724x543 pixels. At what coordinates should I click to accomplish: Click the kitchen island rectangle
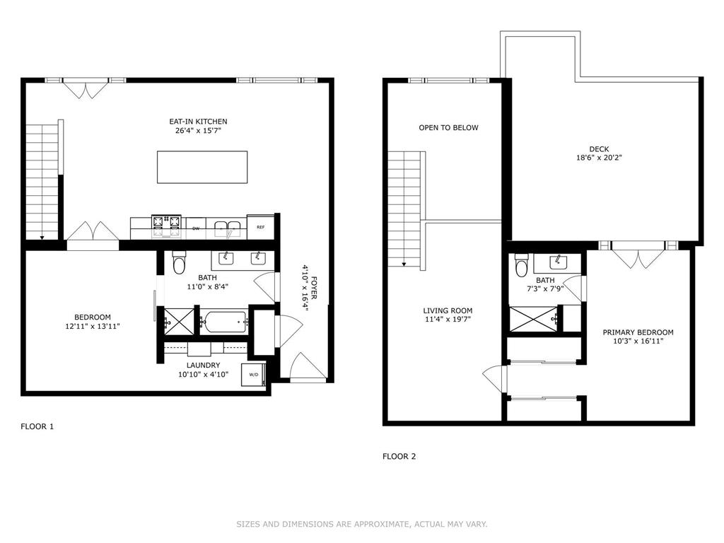[x=202, y=167]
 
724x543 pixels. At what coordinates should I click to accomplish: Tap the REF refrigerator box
[x=260, y=227]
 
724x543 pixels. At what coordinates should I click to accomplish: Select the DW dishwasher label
[x=196, y=228]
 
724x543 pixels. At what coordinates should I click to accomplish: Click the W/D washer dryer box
[x=253, y=374]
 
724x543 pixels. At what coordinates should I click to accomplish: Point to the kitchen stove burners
[x=167, y=227]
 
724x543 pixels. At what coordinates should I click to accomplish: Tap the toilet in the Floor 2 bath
[x=522, y=266]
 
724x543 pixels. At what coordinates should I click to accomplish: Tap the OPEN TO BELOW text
[x=448, y=128]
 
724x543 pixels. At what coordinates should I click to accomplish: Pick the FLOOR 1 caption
[x=37, y=426]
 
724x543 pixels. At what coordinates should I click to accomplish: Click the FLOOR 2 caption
[x=399, y=456]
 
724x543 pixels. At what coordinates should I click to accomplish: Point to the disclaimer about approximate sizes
[x=361, y=524]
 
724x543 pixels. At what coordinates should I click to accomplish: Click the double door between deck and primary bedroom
[x=638, y=255]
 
